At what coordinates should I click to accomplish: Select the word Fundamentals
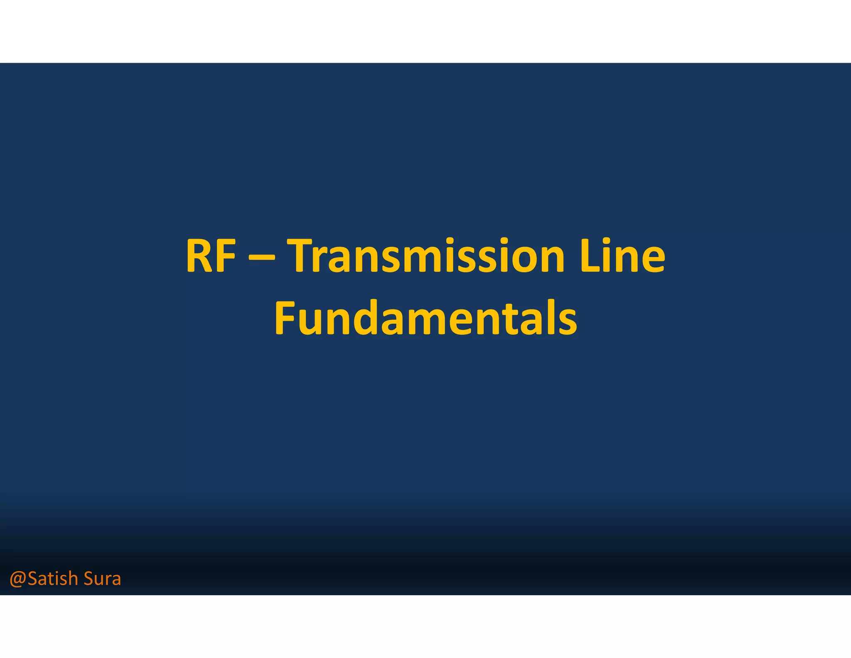tap(425, 318)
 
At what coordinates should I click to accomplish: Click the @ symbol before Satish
tap(18, 579)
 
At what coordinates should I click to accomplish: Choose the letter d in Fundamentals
tap(359, 319)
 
